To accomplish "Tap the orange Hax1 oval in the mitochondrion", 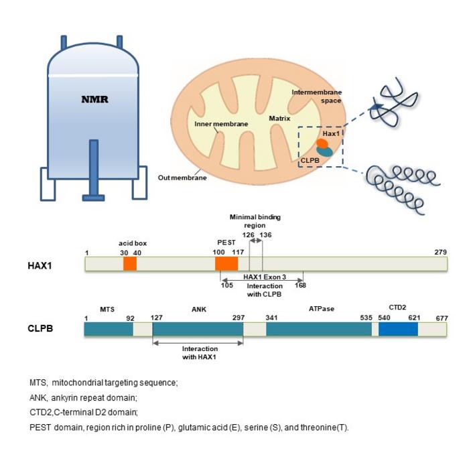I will pyautogui.click(x=322, y=144).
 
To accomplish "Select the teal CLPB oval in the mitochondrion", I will pyautogui.click(x=325, y=153).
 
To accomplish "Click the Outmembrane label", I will pyautogui.click(x=182, y=178).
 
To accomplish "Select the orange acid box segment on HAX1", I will pyautogui.click(x=130, y=264).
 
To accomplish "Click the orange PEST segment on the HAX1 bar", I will pyautogui.click(x=226, y=264).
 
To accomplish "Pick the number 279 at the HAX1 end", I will pyautogui.click(x=440, y=252).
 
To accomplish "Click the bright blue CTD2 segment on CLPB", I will pyautogui.click(x=398, y=329).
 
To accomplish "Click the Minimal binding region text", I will pyautogui.click(x=255, y=222).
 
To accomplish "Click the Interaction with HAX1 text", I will pyautogui.click(x=199, y=353).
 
